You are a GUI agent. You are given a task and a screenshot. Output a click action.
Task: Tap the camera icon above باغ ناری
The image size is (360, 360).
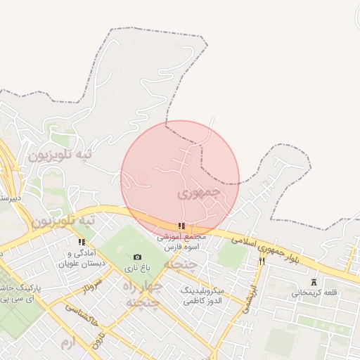tap(136, 257)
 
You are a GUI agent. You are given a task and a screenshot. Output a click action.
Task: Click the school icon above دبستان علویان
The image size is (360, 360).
tap(82, 243)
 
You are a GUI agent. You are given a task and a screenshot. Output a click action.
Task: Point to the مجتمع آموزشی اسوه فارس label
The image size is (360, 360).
tap(182, 243)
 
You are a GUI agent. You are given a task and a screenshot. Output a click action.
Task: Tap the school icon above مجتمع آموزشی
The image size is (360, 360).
tap(181, 226)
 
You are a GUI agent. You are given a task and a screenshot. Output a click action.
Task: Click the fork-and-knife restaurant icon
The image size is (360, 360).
tap(262, 261)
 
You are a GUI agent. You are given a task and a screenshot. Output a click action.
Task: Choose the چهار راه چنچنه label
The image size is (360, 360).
tap(142, 294)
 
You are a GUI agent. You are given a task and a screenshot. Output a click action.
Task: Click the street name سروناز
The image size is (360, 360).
tap(91, 287)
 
